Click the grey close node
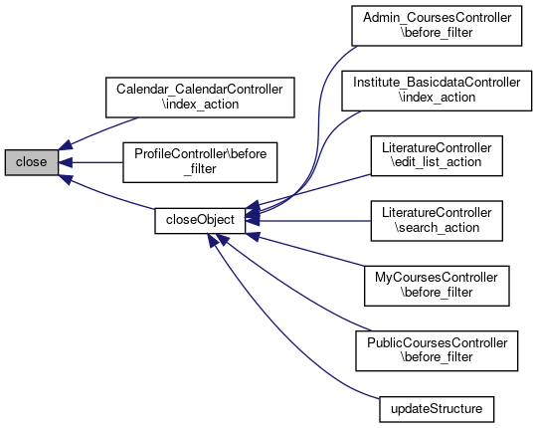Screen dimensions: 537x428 (32, 162)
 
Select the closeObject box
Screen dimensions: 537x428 (200, 221)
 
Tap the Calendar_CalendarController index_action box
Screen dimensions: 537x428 (200, 98)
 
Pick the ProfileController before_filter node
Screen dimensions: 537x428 (200, 162)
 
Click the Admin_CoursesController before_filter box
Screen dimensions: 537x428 (437, 26)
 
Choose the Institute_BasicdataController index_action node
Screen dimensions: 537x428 (437, 91)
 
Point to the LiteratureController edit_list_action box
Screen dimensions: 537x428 (437, 156)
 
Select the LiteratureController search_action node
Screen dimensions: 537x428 (437, 221)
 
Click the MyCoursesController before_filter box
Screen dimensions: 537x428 (437, 286)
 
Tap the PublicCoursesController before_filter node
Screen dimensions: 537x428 (437, 351)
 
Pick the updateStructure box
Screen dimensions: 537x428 (437, 409)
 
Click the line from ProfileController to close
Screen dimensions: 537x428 (90, 162)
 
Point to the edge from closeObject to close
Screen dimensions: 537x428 (106, 194)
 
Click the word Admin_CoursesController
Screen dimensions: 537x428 (437, 18)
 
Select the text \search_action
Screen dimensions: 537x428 (437, 228)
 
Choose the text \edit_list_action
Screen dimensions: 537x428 (437, 162)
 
